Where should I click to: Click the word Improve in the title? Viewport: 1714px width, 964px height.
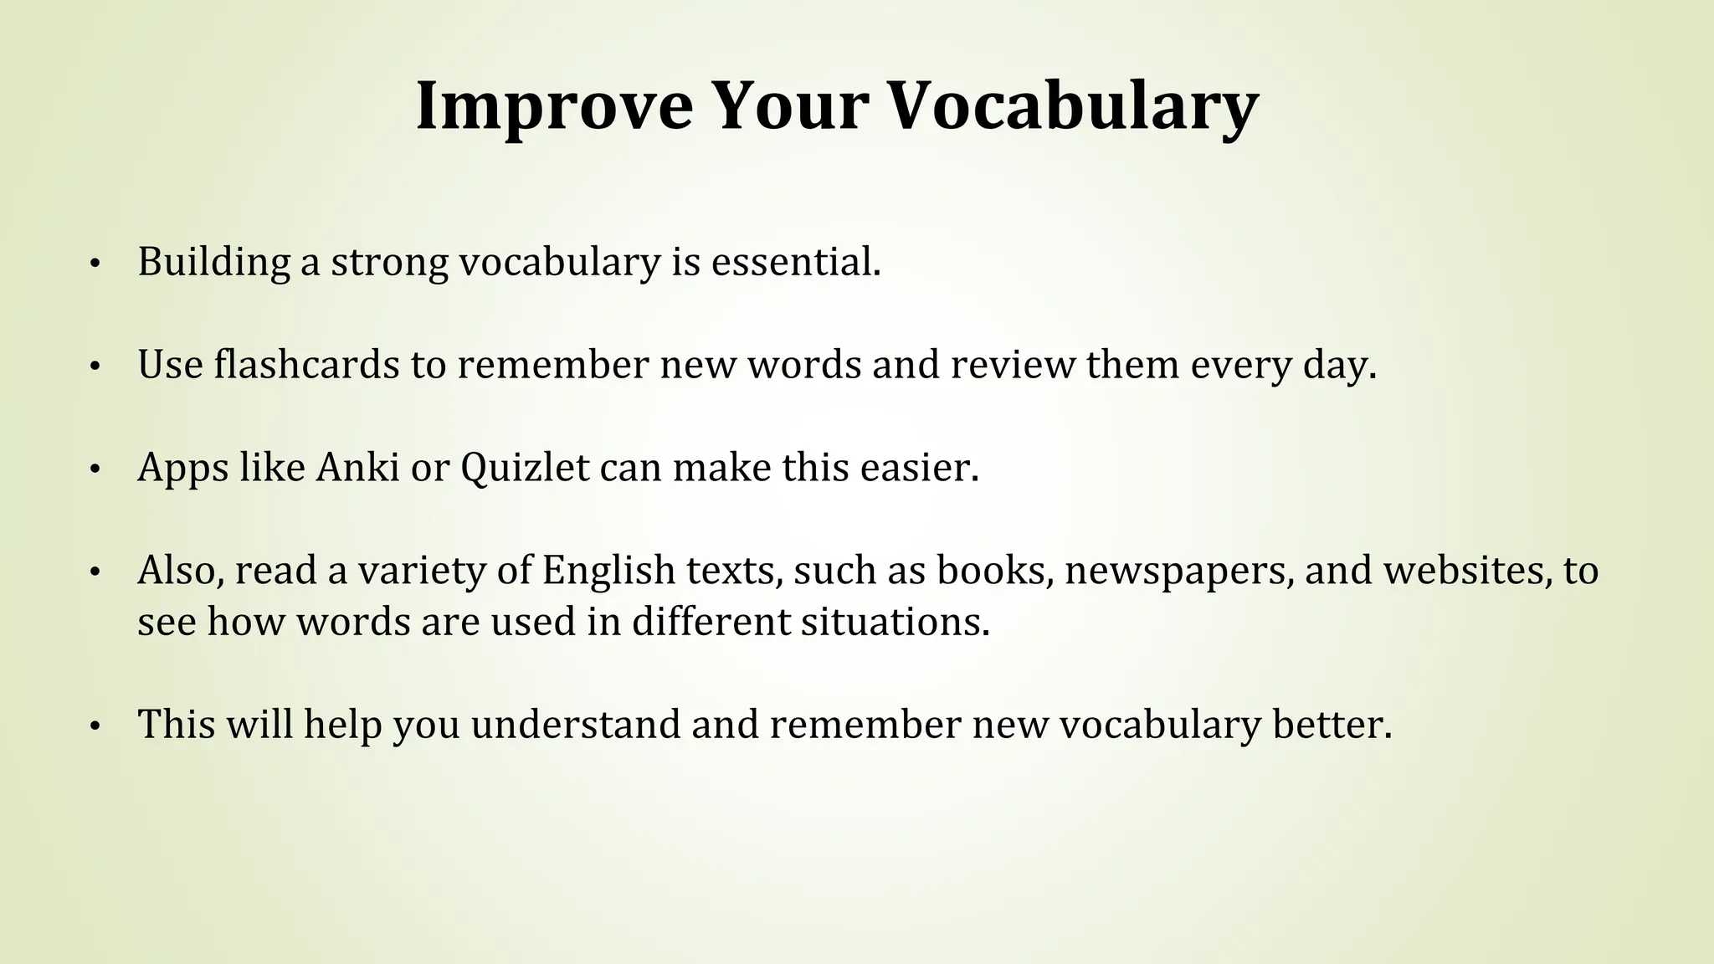pyautogui.click(x=554, y=107)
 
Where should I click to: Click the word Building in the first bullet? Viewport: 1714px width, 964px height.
pyautogui.click(x=213, y=262)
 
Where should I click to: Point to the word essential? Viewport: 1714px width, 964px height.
pyautogui.click(x=796, y=262)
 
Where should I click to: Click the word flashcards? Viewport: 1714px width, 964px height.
pyautogui.click(x=306, y=365)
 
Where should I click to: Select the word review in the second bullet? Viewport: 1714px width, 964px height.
pyautogui.click(x=1013, y=365)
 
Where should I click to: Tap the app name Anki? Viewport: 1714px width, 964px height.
pyautogui.click(x=357, y=467)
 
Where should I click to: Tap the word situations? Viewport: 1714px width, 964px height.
pyautogui.click(x=895, y=622)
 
